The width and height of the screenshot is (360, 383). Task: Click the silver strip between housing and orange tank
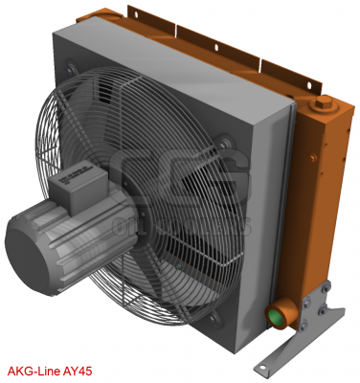[x=287, y=191]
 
